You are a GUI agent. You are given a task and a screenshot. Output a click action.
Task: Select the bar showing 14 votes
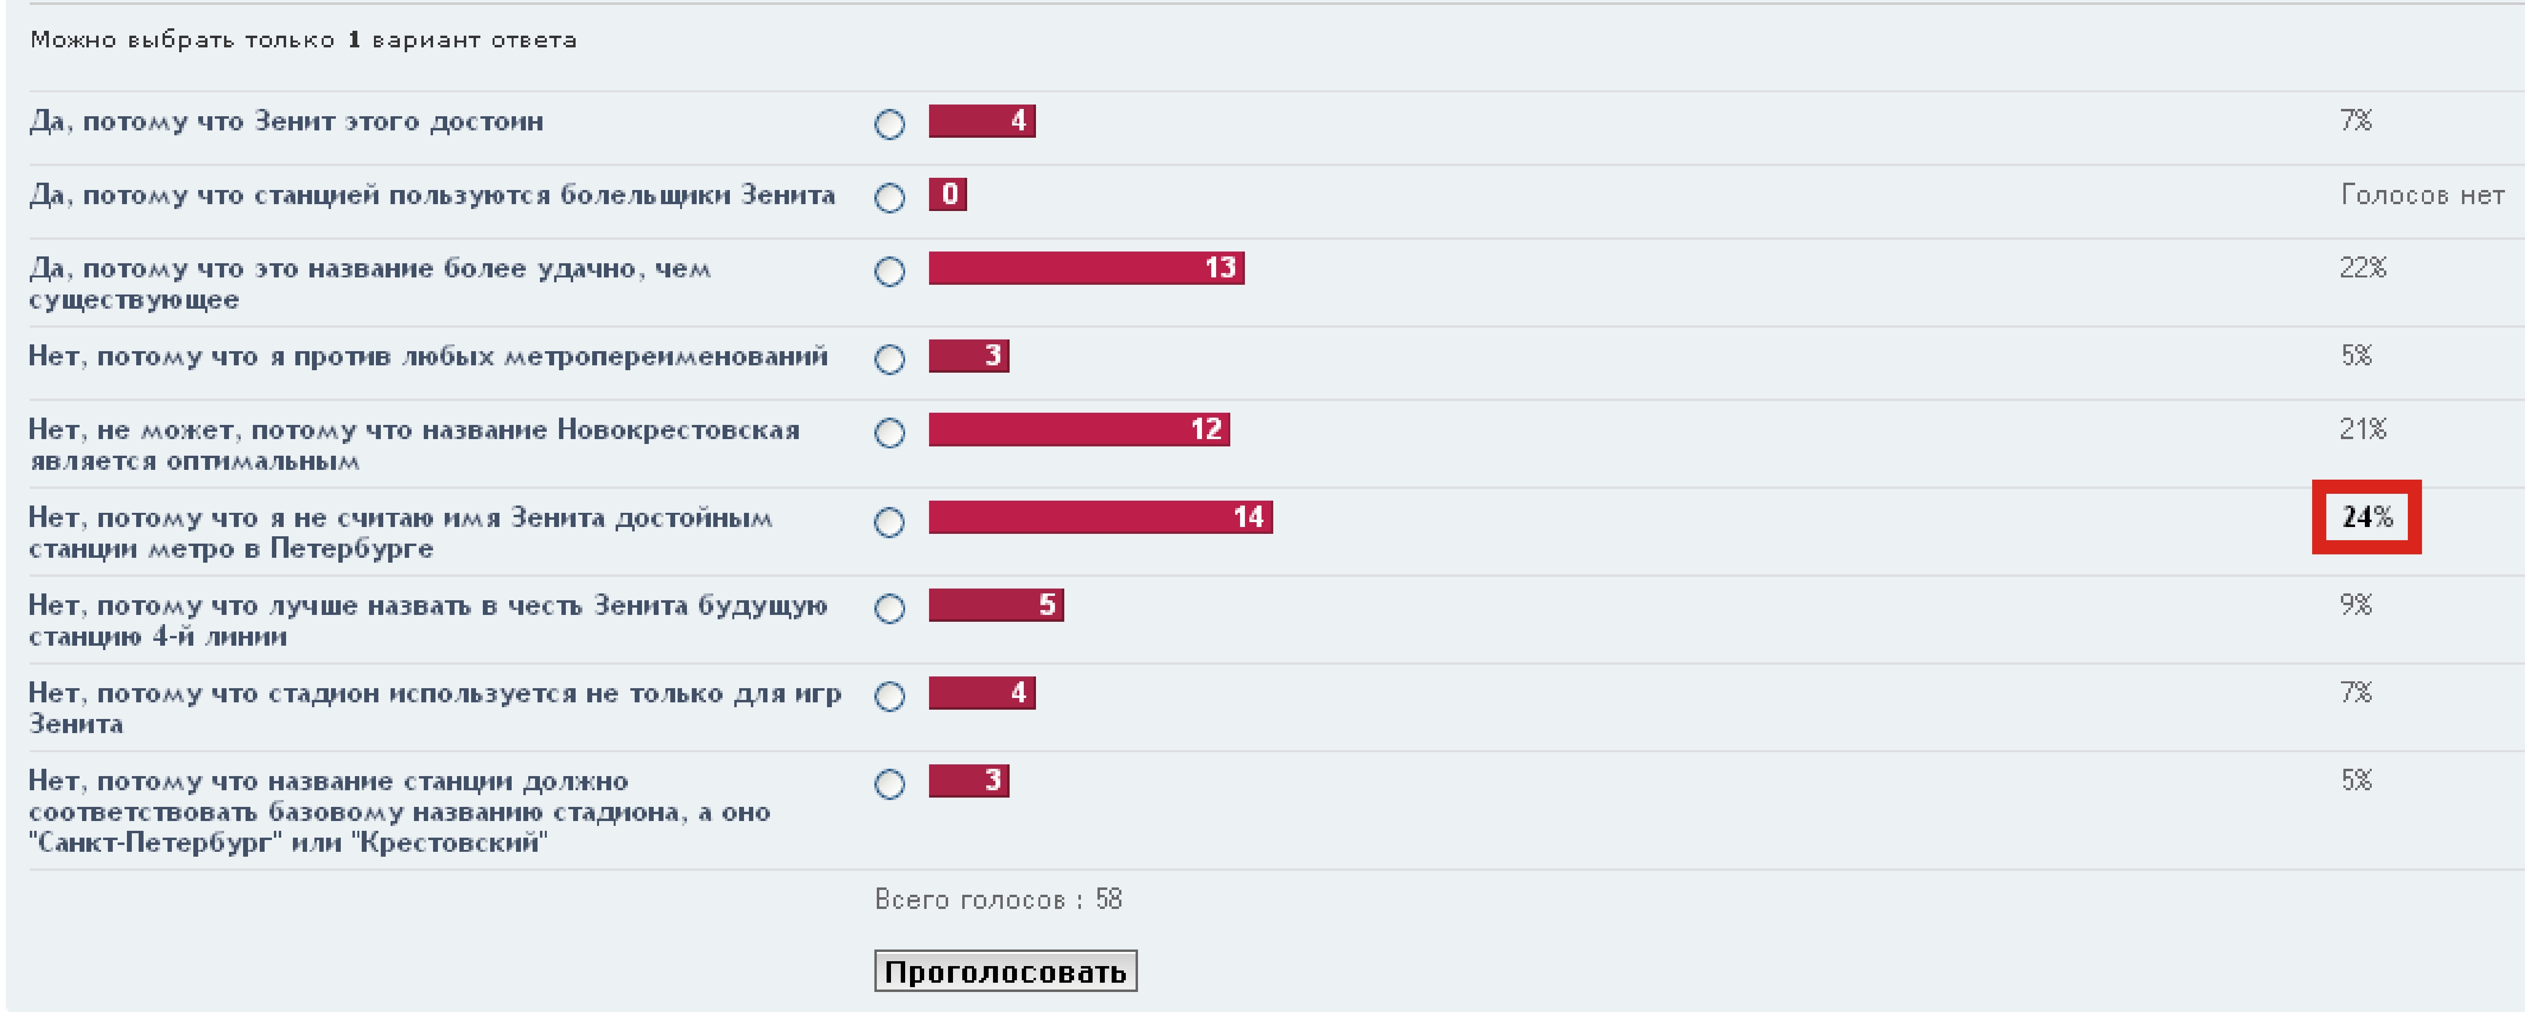tap(1100, 517)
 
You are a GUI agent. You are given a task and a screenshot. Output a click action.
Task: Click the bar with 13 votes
tap(1086, 268)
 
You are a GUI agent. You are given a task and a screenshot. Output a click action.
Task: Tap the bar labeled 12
tap(1078, 429)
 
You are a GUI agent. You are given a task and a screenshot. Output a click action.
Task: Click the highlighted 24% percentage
tap(2366, 517)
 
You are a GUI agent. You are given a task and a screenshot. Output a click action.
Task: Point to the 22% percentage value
tap(2362, 268)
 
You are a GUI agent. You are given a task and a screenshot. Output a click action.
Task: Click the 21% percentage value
tap(2362, 429)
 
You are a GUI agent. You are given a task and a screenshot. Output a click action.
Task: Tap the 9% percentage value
tap(2356, 605)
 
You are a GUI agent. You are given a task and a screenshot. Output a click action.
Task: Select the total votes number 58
tap(1109, 899)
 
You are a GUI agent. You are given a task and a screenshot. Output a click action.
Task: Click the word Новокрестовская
tap(678, 429)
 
